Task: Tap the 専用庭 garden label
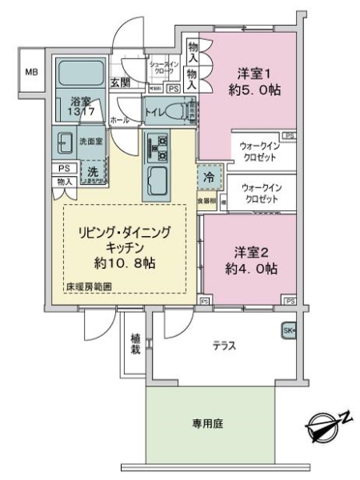[212, 424]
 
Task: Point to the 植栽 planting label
[136, 344]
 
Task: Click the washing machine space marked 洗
[93, 172]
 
